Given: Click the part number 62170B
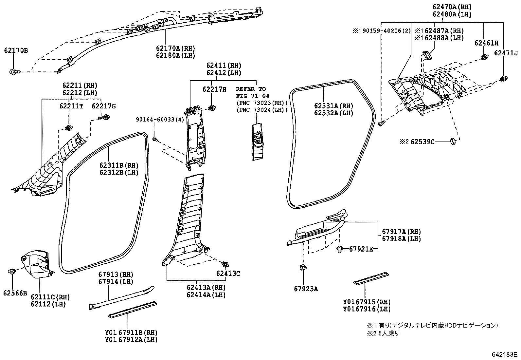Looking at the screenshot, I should pos(16,50).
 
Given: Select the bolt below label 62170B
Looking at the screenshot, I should pos(14,71).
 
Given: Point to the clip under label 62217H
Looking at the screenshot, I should pos(212,107).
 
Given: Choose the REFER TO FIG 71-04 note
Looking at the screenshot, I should pos(251,92).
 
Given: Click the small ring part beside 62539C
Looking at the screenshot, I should pos(454,141).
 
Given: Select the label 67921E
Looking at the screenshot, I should pos(361,249).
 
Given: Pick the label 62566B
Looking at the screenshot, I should pos(15,293).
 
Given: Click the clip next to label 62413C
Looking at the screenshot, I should pos(225,264).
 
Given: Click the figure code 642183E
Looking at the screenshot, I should pos(504,355).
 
